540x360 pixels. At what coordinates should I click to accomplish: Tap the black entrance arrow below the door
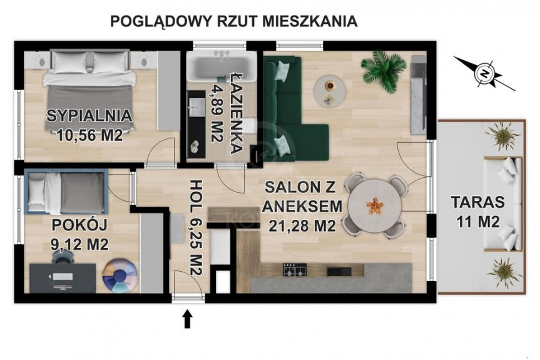pyautogui.click(x=187, y=319)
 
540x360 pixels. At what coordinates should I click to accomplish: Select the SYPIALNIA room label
pyautogui.click(x=89, y=116)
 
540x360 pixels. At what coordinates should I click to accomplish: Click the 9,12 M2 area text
pyautogui.click(x=79, y=245)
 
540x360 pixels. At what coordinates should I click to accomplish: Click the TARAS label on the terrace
pyautogui.click(x=478, y=202)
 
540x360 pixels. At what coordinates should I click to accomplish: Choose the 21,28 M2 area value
pyautogui.click(x=302, y=226)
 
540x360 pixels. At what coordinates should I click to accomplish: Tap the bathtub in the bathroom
pyautogui.click(x=222, y=66)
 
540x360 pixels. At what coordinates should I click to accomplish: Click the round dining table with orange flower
pyautogui.click(x=375, y=206)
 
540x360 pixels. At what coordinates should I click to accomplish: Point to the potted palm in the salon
pyautogui.click(x=384, y=70)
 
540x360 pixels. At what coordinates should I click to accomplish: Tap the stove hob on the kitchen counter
pyautogui.click(x=295, y=270)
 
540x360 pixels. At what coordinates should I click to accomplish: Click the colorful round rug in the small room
pyautogui.click(x=120, y=275)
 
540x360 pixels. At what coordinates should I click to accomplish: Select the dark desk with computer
pyautogui.click(x=63, y=278)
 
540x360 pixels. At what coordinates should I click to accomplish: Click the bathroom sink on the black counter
pyautogui.click(x=196, y=108)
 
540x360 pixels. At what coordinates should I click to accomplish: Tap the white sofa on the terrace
pyautogui.click(x=503, y=203)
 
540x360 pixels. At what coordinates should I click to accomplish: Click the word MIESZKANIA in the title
pyautogui.click(x=310, y=21)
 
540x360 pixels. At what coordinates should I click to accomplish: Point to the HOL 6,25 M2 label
pyautogui.click(x=195, y=227)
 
